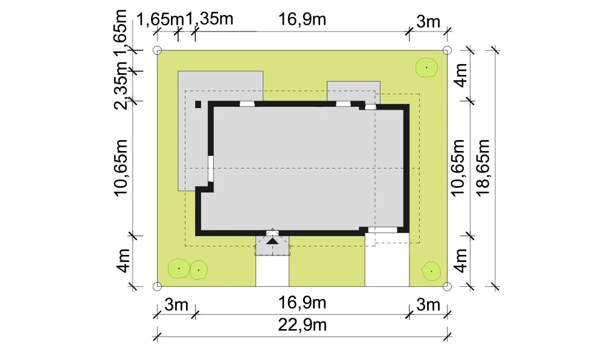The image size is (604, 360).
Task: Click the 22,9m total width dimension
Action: tap(303, 326)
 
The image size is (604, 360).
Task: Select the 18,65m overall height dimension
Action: tap(483, 167)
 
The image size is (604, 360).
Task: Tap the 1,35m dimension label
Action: tap(210, 19)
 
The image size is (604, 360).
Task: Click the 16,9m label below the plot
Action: tap(303, 303)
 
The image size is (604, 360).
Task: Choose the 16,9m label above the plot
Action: tap(303, 19)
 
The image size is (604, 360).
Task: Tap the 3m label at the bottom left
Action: tap(176, 304)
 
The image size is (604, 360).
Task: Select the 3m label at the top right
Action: tap(428, 22)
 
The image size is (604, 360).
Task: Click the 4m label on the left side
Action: tap(124, 261)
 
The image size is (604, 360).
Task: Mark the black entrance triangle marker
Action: tap(272, 241)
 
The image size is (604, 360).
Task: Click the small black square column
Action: tap(198, 104)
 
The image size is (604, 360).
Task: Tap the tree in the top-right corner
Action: tap(427, 68)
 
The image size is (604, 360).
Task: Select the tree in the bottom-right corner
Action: tap(431, 271)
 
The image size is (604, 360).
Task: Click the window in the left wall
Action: tap(211, 169)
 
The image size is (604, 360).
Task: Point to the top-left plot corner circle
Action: tap(157, 50)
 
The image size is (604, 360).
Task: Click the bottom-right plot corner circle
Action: tap(447, 286)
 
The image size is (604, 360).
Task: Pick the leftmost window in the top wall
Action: tap(247, 103)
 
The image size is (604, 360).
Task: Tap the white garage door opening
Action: tap(382, 230)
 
